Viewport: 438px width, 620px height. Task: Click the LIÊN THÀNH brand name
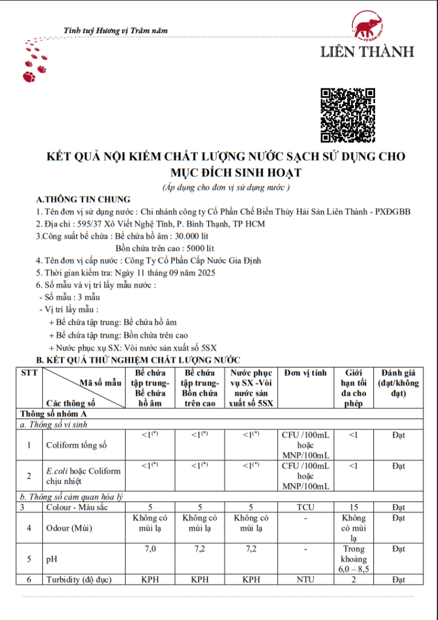[367, 51]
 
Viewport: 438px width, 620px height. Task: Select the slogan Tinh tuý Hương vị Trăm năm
[116, 30]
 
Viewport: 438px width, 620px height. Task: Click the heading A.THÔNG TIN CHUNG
[83, 199]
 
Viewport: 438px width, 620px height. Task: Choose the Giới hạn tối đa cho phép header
[354, 388]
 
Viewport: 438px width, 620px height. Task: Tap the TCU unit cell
[306, 507]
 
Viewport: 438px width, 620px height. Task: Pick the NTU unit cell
[306, 579]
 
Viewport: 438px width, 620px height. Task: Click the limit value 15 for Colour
[354, 507]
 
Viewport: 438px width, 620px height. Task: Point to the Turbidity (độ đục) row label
[79, 579]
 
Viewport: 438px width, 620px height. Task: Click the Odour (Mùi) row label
[70, 528]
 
